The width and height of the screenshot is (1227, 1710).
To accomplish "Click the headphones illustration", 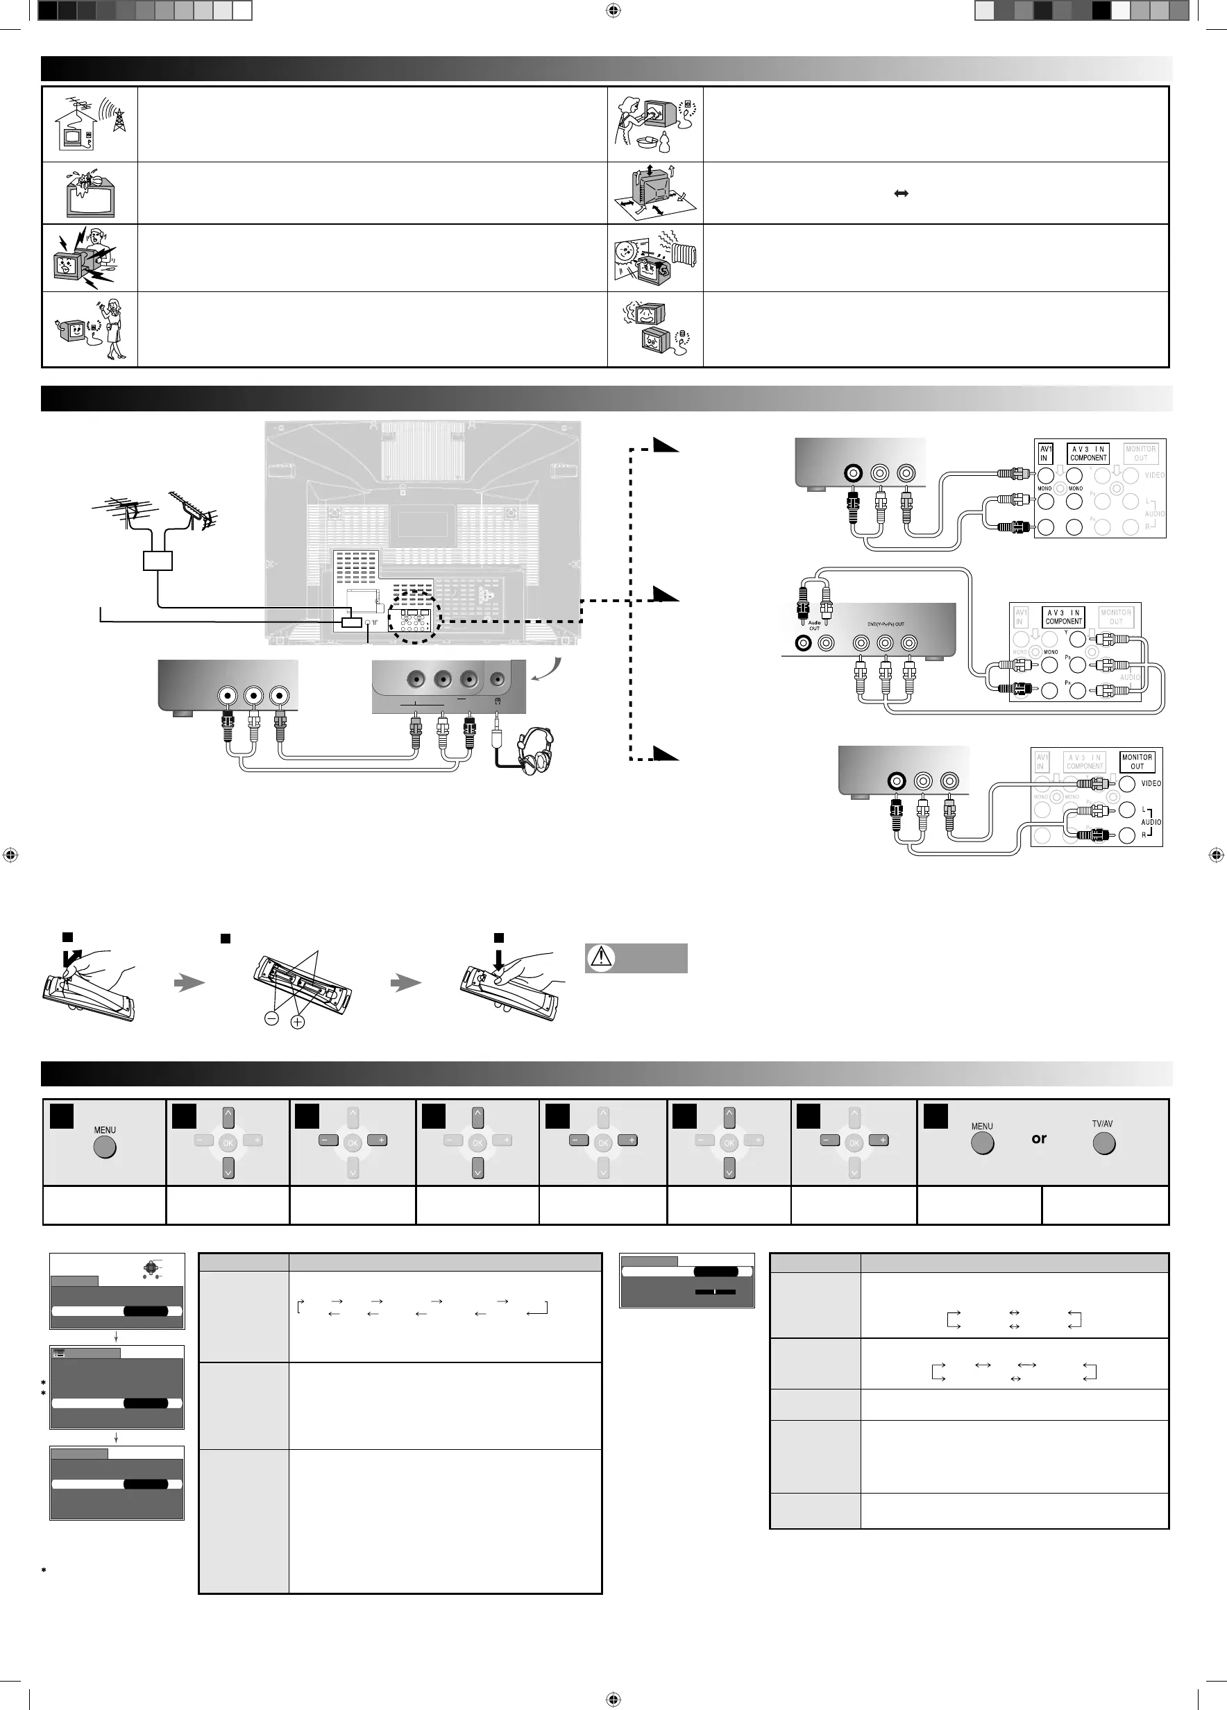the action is pyautogui.click(x=536, y=750).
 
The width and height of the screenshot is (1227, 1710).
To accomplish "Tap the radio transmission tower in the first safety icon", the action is pyautogui.click(x=119, y=121).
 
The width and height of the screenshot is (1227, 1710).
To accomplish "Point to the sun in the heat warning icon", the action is pyautogui.click(x=625, y=251).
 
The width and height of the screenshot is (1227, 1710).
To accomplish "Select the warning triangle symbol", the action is pyautogui.click(x=601, y=957).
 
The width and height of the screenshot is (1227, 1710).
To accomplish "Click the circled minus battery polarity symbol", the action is pyautogui.click(x=271, y=1018).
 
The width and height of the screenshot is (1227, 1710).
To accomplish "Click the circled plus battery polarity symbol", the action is pyautogui.click(x=297, y=1023).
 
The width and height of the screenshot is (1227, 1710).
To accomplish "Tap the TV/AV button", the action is pyautogui.click(x=1103, y=1144).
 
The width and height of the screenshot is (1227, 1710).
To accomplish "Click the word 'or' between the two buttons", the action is pyautogui.click(x=1039, y=1138).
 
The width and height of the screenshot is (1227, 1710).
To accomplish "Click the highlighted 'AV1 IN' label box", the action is pyautogui.click(x=1045, y=453).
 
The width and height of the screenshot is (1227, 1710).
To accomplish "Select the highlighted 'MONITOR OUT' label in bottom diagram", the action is pyautogui.click(x=1137, y=762).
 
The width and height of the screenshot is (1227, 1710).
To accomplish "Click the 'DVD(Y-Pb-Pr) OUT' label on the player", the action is pyautogui.click(x=886, y=624).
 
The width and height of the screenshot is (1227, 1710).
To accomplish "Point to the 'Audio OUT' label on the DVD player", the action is pyautogui.click(x=815, y=626).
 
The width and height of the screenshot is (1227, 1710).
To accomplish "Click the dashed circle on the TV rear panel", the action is pyautogui.click(x=413, y=616).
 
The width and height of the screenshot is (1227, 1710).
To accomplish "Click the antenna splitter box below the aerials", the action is pyautogui.click(x=158, y=561).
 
